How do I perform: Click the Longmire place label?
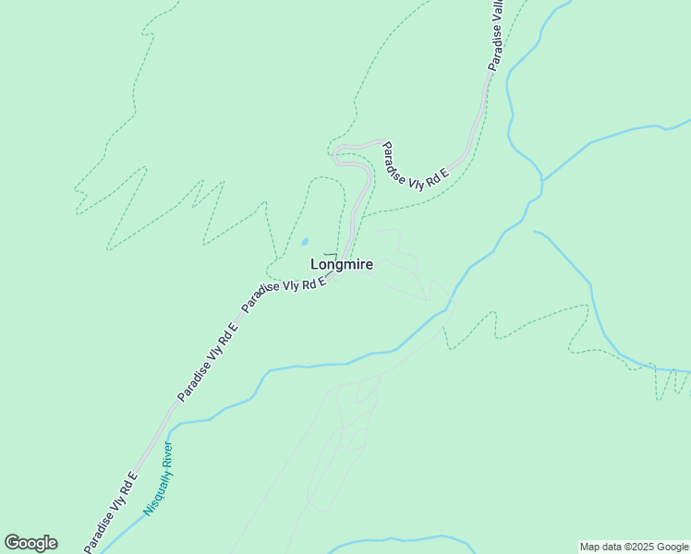[x=342, y=265]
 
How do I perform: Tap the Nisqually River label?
[x=159, y=478]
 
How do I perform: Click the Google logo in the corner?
[x=30, y=543]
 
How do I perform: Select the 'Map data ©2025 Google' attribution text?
[x=634, y=547]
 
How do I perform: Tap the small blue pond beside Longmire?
[x=305, y=244]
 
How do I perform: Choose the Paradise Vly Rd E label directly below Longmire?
[x=285, y=295]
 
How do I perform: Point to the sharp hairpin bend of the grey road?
[x=337, y=152]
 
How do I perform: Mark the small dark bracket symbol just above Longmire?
[x=330, y=255]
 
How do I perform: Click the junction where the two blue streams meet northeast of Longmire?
[x=542, y=180]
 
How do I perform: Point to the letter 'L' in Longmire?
[x=315, y=265]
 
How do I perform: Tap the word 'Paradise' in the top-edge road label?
[x=495, y=50]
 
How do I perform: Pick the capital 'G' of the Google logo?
[x=13, y=543]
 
